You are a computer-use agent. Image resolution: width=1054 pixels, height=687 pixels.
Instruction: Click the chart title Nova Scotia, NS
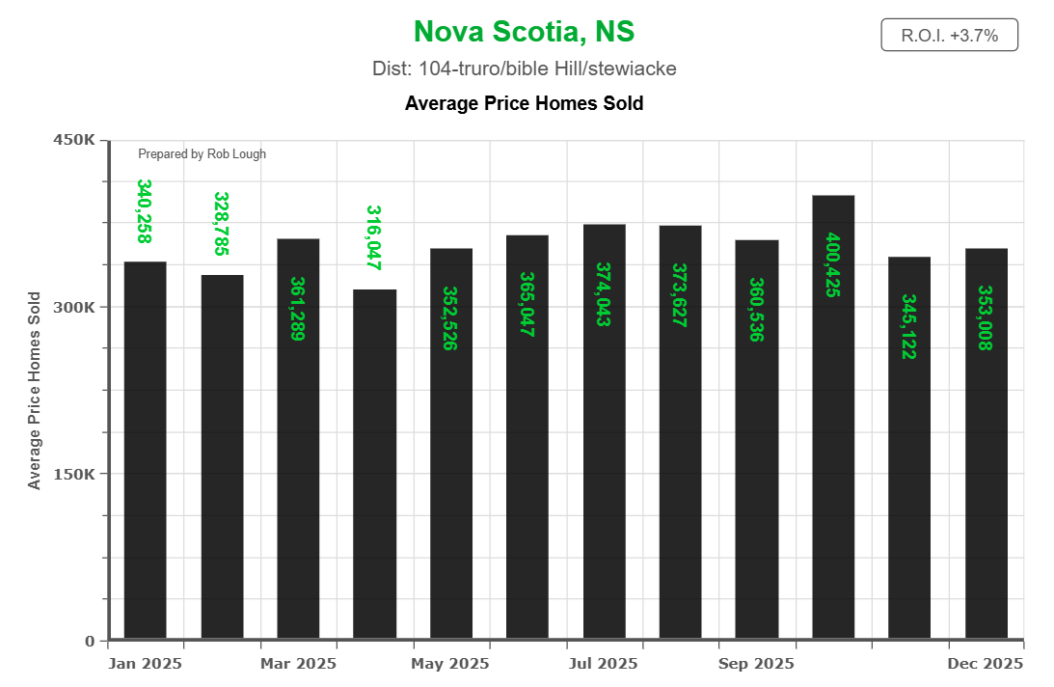[524, 31]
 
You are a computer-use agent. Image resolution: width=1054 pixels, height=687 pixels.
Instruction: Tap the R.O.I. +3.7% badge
[949, 36]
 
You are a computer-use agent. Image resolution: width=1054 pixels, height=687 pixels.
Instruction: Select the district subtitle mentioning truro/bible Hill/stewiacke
[524, 69]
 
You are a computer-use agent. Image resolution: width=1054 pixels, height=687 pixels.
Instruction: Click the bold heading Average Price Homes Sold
[524, 102]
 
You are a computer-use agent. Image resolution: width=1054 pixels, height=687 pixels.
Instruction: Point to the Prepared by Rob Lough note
[202, 153]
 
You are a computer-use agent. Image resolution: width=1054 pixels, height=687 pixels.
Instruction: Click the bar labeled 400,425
[833, 415]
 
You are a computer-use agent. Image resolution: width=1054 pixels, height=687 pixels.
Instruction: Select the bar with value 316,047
[374, 463]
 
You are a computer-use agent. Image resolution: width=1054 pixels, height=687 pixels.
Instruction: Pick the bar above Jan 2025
[146, 449]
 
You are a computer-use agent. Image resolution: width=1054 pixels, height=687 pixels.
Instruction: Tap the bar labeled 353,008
[986, 444]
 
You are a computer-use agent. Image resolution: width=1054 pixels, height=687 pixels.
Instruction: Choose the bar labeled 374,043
[604, 430]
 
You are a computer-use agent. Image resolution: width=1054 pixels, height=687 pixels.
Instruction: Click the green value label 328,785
[221, 224]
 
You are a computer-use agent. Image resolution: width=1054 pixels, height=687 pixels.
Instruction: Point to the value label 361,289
[297, 309]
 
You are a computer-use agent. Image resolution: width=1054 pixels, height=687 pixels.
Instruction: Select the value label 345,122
[907, 326]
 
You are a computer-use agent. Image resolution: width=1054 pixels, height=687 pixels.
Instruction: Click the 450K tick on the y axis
[73, 140]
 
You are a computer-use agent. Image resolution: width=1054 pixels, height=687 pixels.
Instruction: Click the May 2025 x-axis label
[449, 664]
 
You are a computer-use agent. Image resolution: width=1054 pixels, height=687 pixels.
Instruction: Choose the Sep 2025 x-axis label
[757, 664]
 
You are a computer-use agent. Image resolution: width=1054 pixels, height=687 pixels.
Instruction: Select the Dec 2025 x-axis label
[986, 664]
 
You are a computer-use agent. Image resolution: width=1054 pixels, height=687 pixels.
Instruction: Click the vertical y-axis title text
[35, 390]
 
